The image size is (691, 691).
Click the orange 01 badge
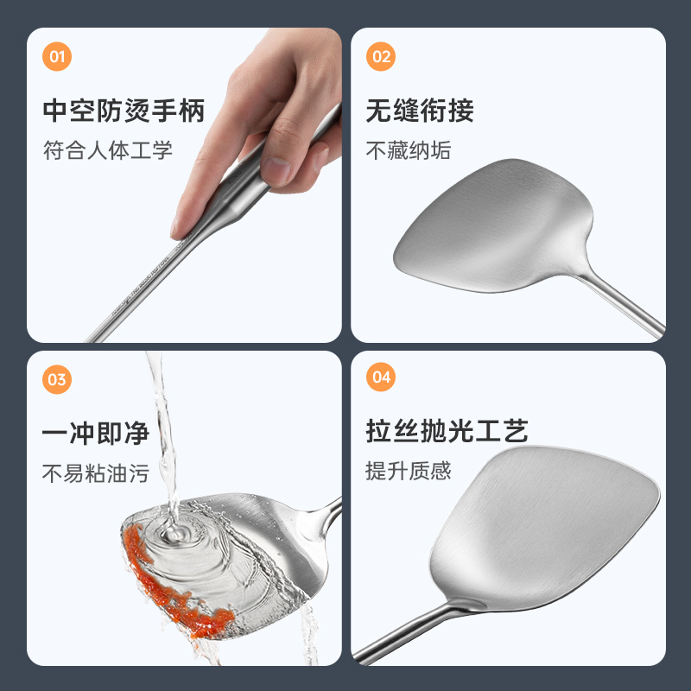(x=57, y=56)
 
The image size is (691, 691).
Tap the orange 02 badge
(x=381, y=56)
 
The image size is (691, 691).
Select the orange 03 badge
(x=57, y=379)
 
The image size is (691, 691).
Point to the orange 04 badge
(x=381, y=377)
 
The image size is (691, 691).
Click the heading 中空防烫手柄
(x=124, y=111)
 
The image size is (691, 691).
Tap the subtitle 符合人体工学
(x=107, y=150)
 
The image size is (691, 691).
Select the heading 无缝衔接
(x=420, y=111)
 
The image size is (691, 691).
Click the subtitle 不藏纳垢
(x=409, y=150)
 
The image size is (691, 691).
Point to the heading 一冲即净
(x=96, y=434)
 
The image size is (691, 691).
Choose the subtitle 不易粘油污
(x=96, y=473)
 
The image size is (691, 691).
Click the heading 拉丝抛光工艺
(x=447, y=430)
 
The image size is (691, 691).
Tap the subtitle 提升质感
(x=409, y=471)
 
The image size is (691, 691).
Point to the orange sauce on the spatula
(x=172, y=586)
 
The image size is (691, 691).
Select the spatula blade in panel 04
(x=545, y=529)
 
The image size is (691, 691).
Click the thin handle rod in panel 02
(x=621, y=304)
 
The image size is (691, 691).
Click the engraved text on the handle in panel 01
(x=141, y=287)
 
